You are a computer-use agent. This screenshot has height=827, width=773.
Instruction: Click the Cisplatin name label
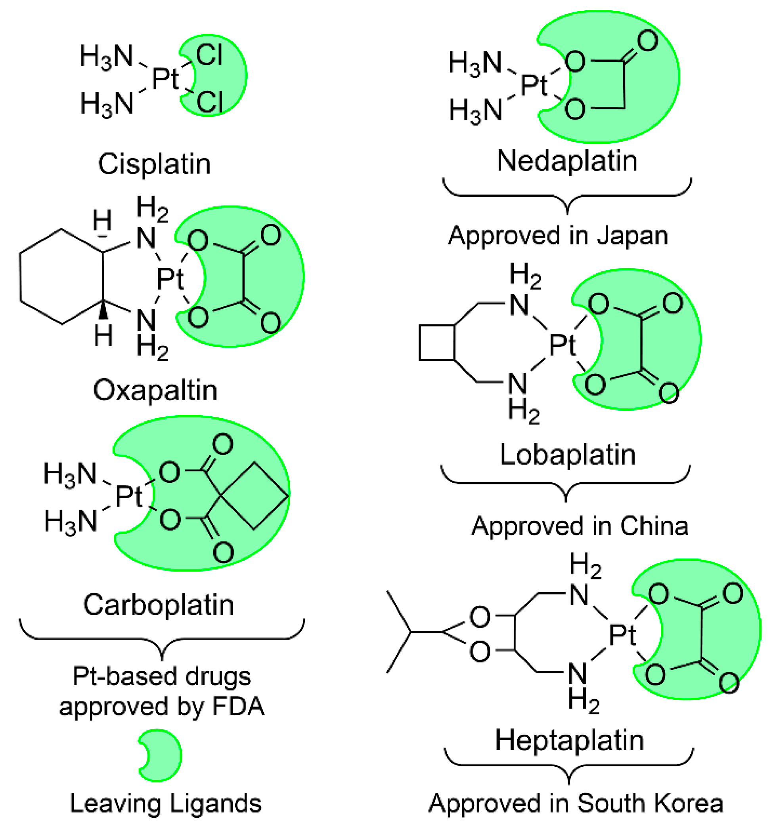coord(155,164)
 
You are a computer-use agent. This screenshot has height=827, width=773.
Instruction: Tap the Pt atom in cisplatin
coord(165,78)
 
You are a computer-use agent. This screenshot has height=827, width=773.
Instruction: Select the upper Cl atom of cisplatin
coord(209,55)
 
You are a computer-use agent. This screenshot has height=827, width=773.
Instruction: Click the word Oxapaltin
coord(155,390)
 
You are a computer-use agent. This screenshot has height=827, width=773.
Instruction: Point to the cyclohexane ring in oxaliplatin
coord(61,276)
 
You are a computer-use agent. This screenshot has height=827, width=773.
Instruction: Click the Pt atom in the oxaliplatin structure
coord(170,279)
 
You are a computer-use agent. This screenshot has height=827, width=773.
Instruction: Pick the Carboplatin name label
coord(159,605)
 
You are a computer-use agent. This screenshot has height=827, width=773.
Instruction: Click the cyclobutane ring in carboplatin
coord(255,495)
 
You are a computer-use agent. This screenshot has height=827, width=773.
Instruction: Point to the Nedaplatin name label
coord(567,160)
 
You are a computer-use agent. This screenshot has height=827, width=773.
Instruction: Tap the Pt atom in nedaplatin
coord(534,85)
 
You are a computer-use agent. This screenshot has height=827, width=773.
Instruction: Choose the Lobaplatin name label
coord(568,454)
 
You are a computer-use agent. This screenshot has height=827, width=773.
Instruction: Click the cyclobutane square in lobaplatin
coord(436,342)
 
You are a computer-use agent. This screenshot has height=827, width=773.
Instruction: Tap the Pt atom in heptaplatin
coord(622,635)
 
